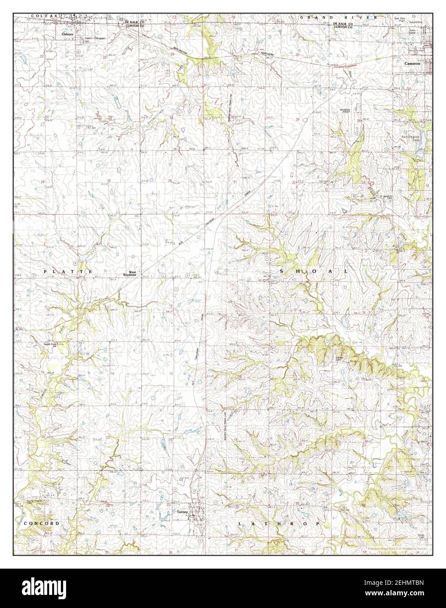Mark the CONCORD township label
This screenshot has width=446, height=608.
pos(41,523)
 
